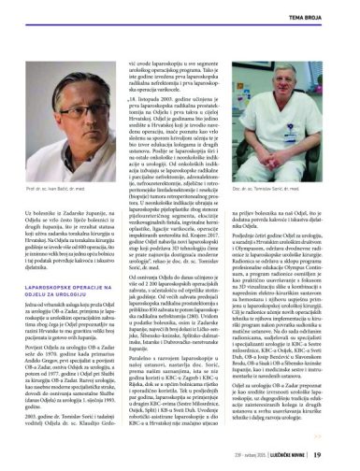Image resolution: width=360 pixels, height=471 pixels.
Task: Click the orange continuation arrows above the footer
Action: (344, 433)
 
